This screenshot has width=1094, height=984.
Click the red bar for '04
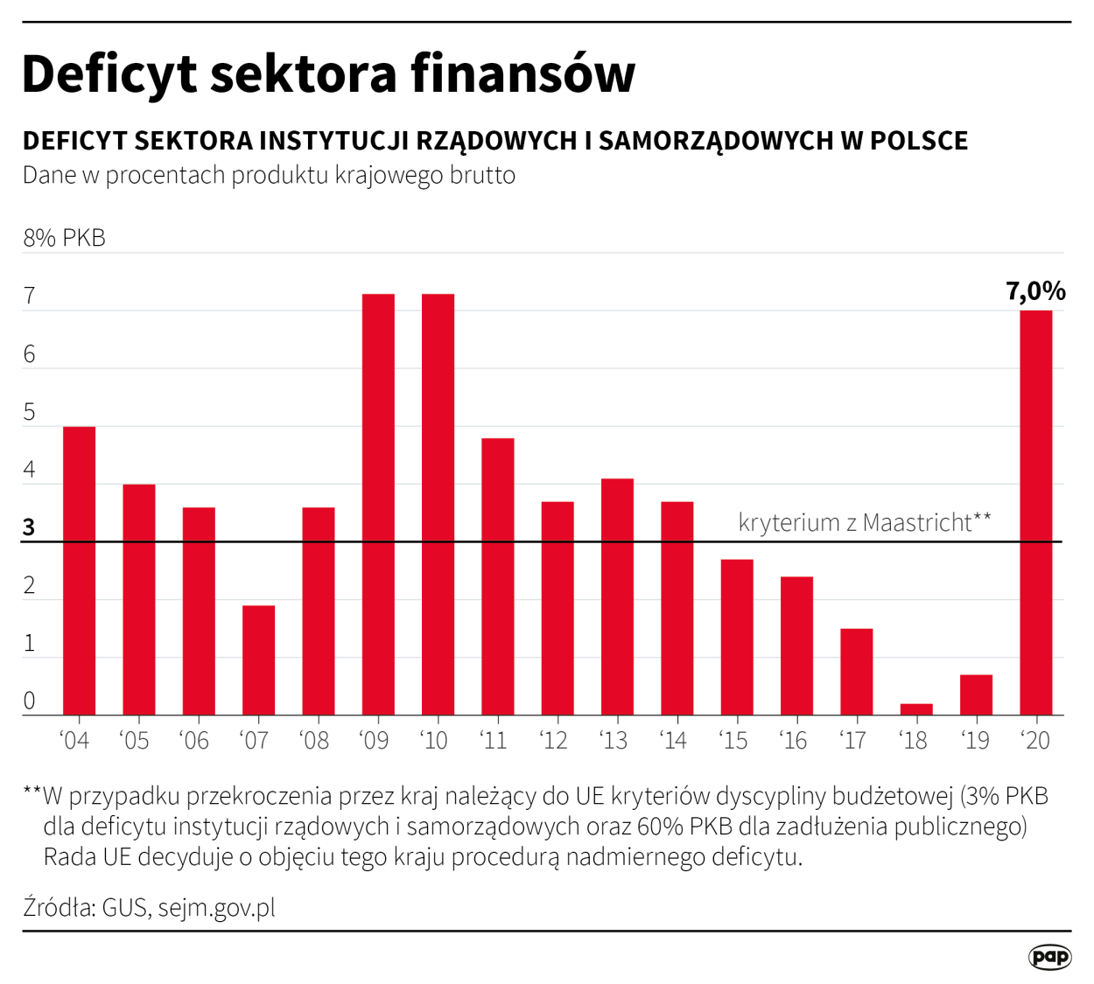coord(79,570)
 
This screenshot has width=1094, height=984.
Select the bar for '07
coord(258,660)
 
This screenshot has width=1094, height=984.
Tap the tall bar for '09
coord(378,505)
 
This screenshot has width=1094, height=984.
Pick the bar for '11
coord(498,576)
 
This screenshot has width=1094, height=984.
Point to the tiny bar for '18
coord(916,709)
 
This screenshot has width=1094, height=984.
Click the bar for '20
coord(1036,513)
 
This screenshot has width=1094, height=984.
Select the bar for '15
coord(737,637)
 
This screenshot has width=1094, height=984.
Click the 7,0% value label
coord(1035,291)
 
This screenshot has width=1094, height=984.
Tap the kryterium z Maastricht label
coord(865,522)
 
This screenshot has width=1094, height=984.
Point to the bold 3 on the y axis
coord(30,527)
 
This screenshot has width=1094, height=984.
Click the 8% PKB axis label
coord(64,238)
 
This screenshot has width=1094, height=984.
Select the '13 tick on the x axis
coord(614,741)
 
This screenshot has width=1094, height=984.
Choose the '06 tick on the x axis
coord(194,741)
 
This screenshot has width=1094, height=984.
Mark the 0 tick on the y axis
coord(30,701)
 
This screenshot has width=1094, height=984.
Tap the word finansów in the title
coord(522,73)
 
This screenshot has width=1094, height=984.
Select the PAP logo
coord(1049,957)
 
